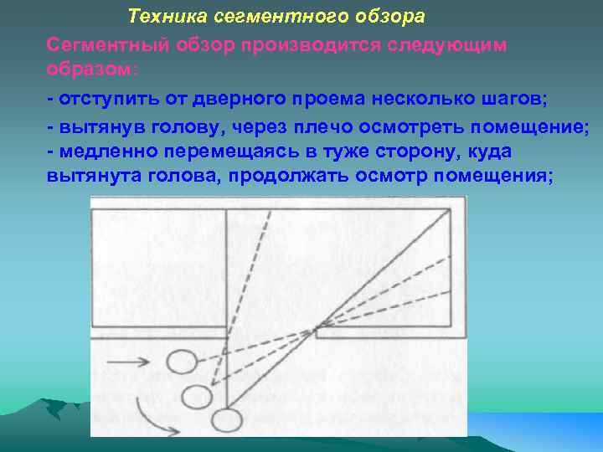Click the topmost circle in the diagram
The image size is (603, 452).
(181, 362)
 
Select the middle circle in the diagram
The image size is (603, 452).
(197, 394)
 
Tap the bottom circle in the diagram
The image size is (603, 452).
(224, 418)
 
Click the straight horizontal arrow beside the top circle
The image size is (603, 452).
(131, 362)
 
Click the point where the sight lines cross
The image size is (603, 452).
(316, 330)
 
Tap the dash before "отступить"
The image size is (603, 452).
(51, 100)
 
